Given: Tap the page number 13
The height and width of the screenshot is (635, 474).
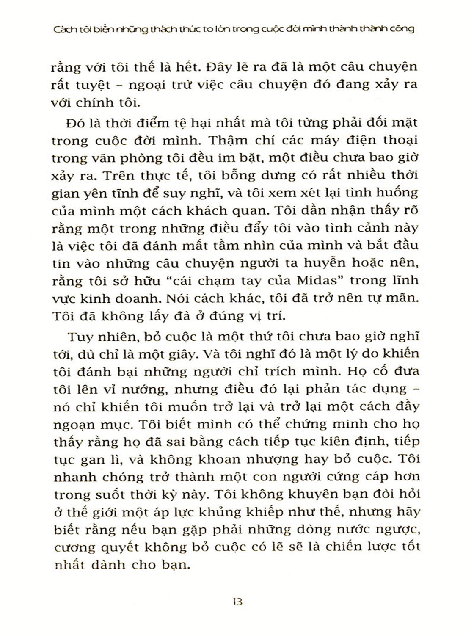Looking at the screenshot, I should click(x=237, y=601).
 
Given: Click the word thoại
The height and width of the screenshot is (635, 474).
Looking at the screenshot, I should click(x=399, y=140).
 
